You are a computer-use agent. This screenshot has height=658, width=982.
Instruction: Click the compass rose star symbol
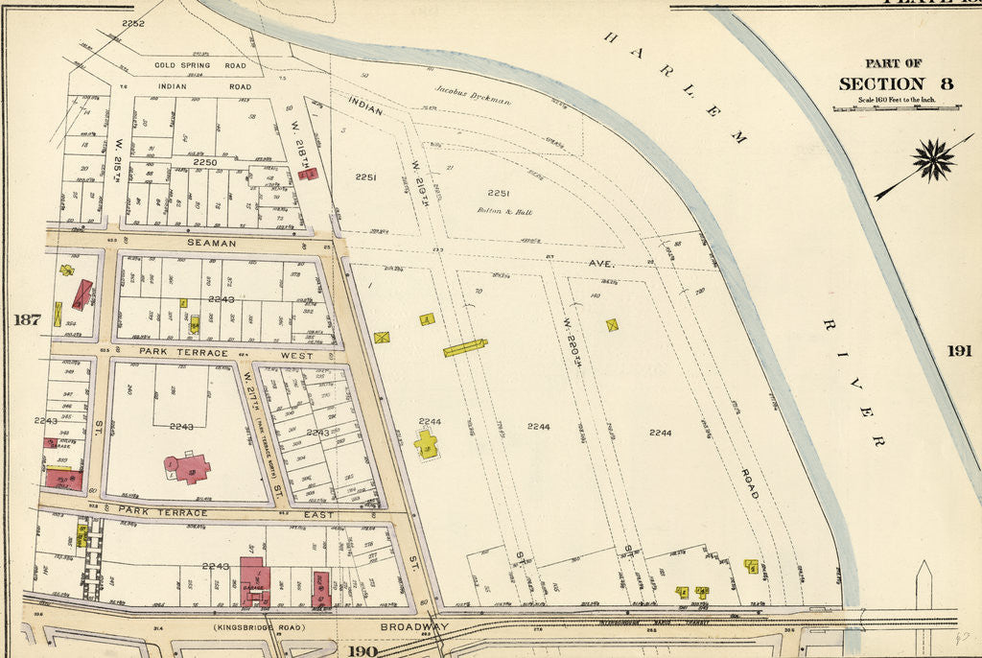(x=933, y=158)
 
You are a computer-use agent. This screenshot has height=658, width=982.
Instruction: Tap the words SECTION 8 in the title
(x=896, y=83)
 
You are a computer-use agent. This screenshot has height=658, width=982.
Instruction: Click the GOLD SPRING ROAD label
(x=201, y=66)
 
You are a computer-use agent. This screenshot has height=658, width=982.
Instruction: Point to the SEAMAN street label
(x=211, y=243)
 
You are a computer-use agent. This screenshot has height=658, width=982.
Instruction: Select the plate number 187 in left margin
(x=27, y=319)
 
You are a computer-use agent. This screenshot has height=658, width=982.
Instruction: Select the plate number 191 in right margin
(x=960, y=351)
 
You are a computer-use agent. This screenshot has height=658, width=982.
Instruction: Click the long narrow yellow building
(x=465, y=347)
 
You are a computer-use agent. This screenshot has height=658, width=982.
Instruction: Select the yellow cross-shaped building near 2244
(x=427, y=443)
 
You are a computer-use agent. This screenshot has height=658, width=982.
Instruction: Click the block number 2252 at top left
(x=132, y=23)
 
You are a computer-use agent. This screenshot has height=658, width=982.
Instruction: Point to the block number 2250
(x=205, y=163)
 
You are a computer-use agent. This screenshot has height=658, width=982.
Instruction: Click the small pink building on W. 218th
(x=308, y=174)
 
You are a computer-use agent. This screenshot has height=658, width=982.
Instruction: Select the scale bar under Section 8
(x=896, y=108)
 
